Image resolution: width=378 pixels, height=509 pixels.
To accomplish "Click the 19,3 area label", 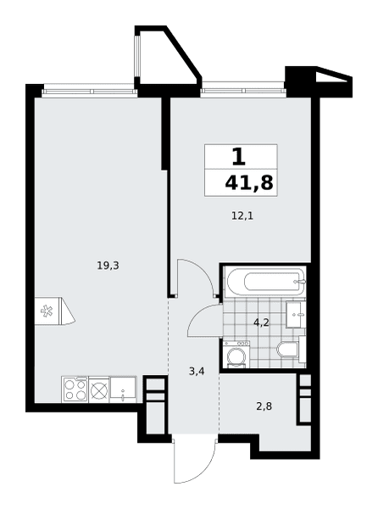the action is [108, 266].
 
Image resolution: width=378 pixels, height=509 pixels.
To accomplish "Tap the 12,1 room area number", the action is [242, 215].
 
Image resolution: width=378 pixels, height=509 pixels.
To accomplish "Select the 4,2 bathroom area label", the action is [261, 323].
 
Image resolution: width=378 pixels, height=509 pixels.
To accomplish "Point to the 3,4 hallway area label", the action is [197, 372].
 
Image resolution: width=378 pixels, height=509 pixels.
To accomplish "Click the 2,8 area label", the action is [264, 406].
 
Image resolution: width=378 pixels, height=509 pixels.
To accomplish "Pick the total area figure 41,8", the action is [249, 183].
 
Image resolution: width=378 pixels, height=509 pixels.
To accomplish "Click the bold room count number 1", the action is [239, 156].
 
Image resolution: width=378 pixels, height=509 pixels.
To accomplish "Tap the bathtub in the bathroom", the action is [266, 282].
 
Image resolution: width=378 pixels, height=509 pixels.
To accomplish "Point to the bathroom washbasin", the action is [295, 315].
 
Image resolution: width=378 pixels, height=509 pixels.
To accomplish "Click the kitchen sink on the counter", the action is [123, 389].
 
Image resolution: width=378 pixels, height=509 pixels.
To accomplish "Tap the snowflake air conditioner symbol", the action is [47, 310].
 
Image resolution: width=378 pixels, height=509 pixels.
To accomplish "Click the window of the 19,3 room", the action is [90, 92].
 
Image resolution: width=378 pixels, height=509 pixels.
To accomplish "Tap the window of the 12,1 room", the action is [243, 91].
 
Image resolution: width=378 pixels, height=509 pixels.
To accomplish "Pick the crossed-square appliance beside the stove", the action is [99, 389].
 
